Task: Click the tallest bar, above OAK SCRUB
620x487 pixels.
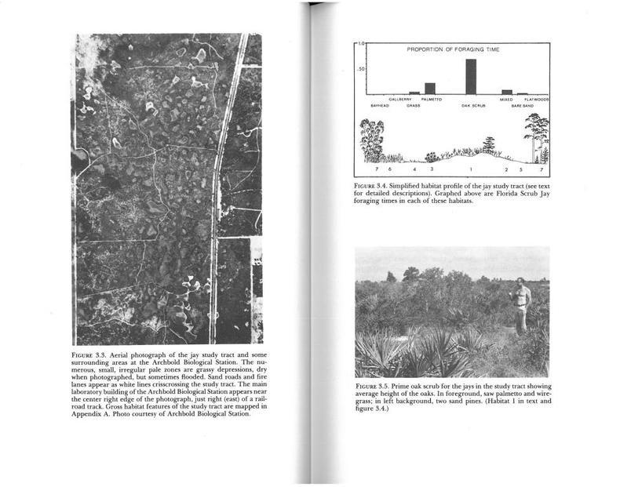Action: tap(470, 76)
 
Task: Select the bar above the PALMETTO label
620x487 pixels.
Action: tap(429, 88)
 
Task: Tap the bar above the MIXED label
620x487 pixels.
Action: tap(507, 92)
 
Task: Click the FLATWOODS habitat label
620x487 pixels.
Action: tap(536, 100)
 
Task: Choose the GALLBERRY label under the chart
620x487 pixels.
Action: tap(400, 100)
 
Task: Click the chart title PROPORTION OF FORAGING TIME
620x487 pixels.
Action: tap(453, 49)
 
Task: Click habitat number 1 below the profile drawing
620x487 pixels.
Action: tap(471, 169)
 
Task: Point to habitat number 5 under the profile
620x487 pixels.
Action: tap(521, 169)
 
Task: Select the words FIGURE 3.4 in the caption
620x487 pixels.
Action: tap(370, 187)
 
